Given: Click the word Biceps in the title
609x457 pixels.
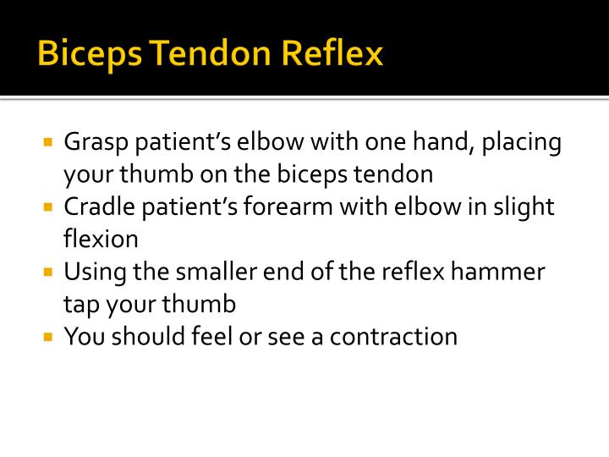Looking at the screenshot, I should pyautogui.click(x=91, y=54).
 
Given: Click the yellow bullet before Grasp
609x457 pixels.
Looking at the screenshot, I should pyautogui.click(x=48, y=140).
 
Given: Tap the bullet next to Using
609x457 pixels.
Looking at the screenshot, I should pyautogui.click(x=48, y=272).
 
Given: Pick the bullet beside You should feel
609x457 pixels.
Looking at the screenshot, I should pyautogui.click(x=48, y=336).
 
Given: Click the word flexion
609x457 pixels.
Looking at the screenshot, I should pyautogui.click(x=101, y=240).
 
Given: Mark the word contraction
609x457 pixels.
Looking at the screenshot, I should pyautogui.click(x=393, y=337).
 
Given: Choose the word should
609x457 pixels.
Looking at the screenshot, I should pyautogui.click(x=147, y=337).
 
